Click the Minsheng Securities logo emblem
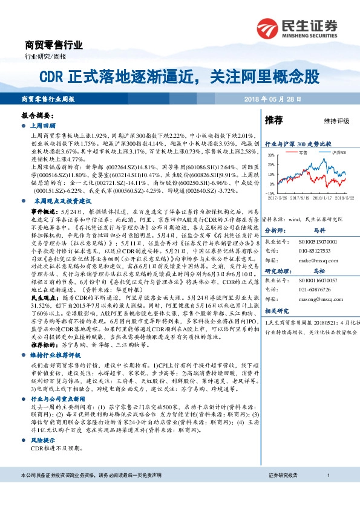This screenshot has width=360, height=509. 267,27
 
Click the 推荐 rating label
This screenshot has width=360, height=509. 274,120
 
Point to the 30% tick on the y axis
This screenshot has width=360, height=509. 271,155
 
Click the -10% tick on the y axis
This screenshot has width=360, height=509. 270,193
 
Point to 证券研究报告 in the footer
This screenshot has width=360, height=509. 283,494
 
